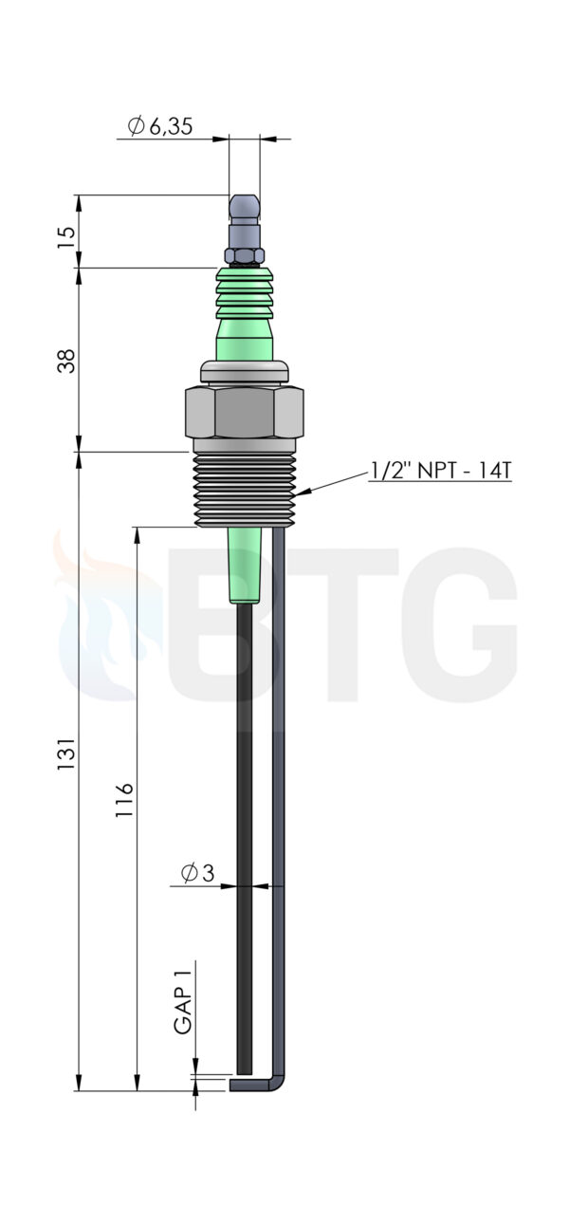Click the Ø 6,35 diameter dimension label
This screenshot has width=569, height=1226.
pyautogui.click(x=159, y=126)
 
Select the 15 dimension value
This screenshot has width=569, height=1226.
pyautogui.click(x=65, y=237)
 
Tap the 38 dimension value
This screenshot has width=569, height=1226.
pyautogui.click(x=65, y=361)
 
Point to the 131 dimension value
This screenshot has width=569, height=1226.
pyautogui.click(x=65, y=753)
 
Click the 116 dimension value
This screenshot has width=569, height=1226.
pyautogui.click(x=124, y=800)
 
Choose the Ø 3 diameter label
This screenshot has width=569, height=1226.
pyautogui.click(x=197, y=872)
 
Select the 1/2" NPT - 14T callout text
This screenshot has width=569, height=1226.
pyautogui.click(x=440, y=470)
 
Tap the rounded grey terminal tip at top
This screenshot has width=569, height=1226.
pyautogui.click(x=245, y=205)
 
